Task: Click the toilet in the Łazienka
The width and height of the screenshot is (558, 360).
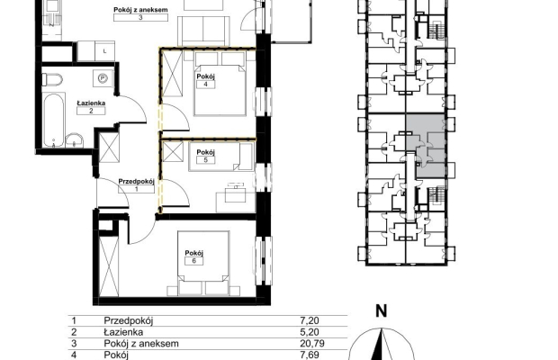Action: [x=52, y=80]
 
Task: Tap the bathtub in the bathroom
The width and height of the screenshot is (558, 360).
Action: [x=54, y=120]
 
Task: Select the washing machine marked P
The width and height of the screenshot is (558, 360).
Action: [x=103, y=78]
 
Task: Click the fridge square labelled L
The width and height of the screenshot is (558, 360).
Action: [x=104, y=51]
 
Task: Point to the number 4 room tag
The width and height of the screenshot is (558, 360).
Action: [x=205, y=85]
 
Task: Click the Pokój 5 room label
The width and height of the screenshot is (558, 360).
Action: [x=206, y=156]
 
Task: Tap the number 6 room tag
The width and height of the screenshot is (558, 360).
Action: [x=193, y=261]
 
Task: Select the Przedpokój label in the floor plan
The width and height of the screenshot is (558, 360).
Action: [x=136, y=182]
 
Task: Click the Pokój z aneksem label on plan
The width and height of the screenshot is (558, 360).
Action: [x=140, y=10]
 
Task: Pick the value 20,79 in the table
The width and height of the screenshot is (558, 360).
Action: [x=312, y=344]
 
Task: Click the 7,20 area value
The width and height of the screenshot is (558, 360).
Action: [x=310, y=320]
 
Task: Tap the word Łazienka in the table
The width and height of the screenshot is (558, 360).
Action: [x=123, y=332]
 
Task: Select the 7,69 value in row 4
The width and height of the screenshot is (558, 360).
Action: [x=310, y=355]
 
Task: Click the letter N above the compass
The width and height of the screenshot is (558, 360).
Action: [x=382, y=311]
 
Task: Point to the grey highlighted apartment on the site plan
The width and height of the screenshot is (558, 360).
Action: [x=426, y=146]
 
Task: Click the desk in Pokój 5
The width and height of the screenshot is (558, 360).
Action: [x=236, y=197]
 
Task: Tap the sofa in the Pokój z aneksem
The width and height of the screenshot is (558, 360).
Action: [x=203, y=31]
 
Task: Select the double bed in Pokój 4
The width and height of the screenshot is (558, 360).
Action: [x=220, y=85]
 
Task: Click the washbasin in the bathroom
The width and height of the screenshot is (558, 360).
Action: [x=74, y=140]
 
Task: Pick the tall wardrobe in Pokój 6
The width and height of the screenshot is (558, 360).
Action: [x=109, y=266]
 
